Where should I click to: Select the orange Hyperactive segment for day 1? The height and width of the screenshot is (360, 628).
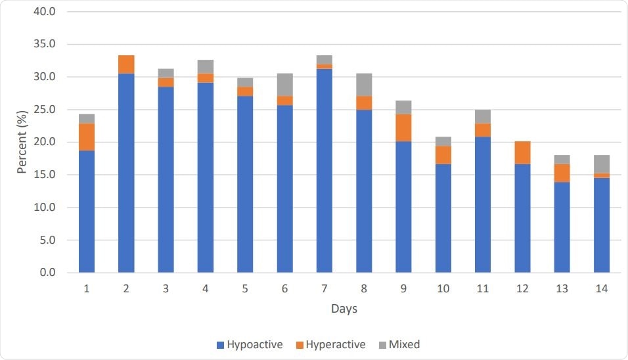[x=87, y=137]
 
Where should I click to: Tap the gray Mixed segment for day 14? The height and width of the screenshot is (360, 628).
[x=602, y=164]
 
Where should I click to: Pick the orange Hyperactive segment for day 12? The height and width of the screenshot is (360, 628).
[x=522, y=152]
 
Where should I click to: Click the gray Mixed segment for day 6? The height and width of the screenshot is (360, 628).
[x=284, y=85]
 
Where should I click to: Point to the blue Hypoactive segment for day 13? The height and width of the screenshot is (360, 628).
[x=562, y=227]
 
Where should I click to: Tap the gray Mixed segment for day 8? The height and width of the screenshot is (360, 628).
[x=364, y=85]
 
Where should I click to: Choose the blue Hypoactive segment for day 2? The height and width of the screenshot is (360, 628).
[x=126, y=173]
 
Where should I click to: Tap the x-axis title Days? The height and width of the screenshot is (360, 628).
[x=344, y=308]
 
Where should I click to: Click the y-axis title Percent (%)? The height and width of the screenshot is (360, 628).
[x=22, y=142]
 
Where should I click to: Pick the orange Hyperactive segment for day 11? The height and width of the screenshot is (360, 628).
[x=483, y=130]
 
